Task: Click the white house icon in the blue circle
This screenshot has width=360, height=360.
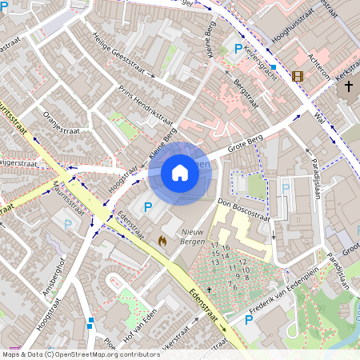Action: pyautogui.click(x=180, y=173)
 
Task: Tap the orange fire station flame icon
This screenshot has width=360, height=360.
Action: pyautogui.click(x=162, y=239)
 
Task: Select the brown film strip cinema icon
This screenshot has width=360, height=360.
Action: pyautogui.click(x=298, y=77)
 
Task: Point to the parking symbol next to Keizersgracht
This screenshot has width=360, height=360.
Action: pyautogui.click(x=237, y=50)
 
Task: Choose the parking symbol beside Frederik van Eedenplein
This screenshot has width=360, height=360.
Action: pyautogui.click(x=248, y=320)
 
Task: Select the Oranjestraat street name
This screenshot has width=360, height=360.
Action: pyautogui.click(x=62, y=123)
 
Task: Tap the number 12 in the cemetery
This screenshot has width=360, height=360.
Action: pyautogui.click(x=242, y=262)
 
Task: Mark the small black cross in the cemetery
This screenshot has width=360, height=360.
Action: pyautogui.click(x=210, y=288)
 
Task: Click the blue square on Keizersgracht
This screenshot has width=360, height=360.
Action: pyautogui.click(x=273, y=67)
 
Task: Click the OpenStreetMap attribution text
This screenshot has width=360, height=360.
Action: pyautogui.click(x=80, y=354)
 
